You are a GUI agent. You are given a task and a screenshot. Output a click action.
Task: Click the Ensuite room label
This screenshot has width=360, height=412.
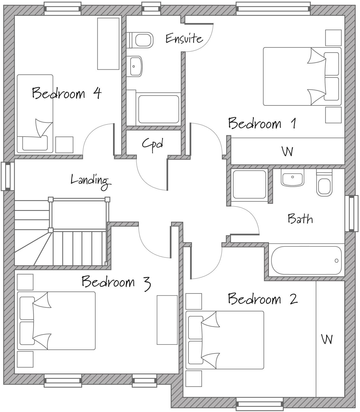(184, 38)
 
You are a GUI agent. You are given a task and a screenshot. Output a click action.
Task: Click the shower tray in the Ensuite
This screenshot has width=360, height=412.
(159, 109)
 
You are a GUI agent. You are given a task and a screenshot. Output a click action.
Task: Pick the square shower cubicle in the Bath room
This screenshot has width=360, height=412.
(249, 185)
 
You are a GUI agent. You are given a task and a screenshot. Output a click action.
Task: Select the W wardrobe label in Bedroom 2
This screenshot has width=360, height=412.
(327, 339)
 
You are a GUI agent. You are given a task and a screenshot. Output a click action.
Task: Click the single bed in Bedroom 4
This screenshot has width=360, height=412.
(35, 114)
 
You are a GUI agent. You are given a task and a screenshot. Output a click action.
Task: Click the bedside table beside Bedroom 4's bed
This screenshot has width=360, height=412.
(64, 145)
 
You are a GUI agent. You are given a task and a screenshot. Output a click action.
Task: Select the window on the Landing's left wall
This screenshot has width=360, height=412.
(8, 176)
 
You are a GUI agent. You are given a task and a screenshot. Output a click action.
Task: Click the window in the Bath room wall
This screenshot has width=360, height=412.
(351, 214)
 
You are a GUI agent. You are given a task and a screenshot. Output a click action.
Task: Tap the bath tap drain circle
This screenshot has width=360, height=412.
(336, 261)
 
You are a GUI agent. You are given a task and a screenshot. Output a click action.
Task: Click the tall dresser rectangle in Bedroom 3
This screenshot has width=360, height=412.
(167, 320)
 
